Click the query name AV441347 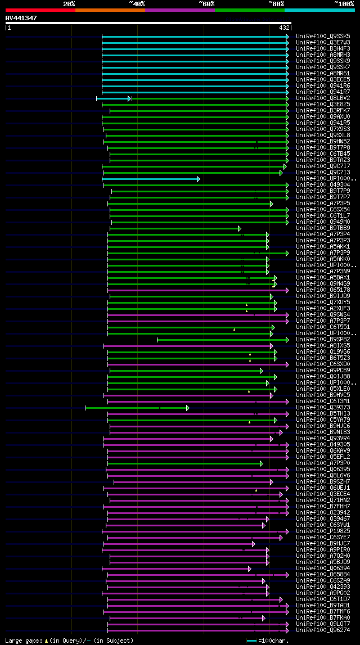coord(21,18)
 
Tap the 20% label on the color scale coord(69,3)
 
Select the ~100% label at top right coord(343,3)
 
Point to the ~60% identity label coord(206,3)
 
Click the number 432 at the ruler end coord(284,27)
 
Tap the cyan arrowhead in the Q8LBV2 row coord(129,98)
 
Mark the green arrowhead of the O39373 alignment coord(188,408)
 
